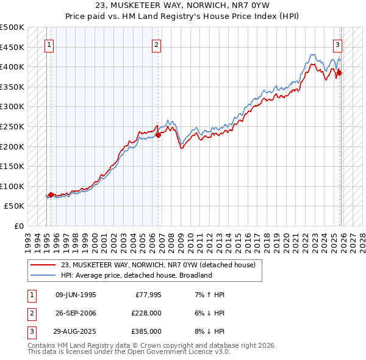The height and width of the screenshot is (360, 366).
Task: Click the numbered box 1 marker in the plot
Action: coord(48,44)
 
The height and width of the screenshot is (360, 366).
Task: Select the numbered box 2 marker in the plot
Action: coord(157,44)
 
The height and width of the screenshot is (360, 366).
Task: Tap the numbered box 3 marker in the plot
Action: coord(337,44)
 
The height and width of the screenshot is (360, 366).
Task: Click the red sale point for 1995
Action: coord(51,195)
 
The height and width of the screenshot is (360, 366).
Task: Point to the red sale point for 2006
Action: coord(158,135)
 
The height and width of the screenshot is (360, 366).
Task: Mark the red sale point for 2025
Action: coord(340,73)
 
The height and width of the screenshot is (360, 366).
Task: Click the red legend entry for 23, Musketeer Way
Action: coord(158,265)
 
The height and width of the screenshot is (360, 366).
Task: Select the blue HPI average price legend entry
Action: coord(135,275)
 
